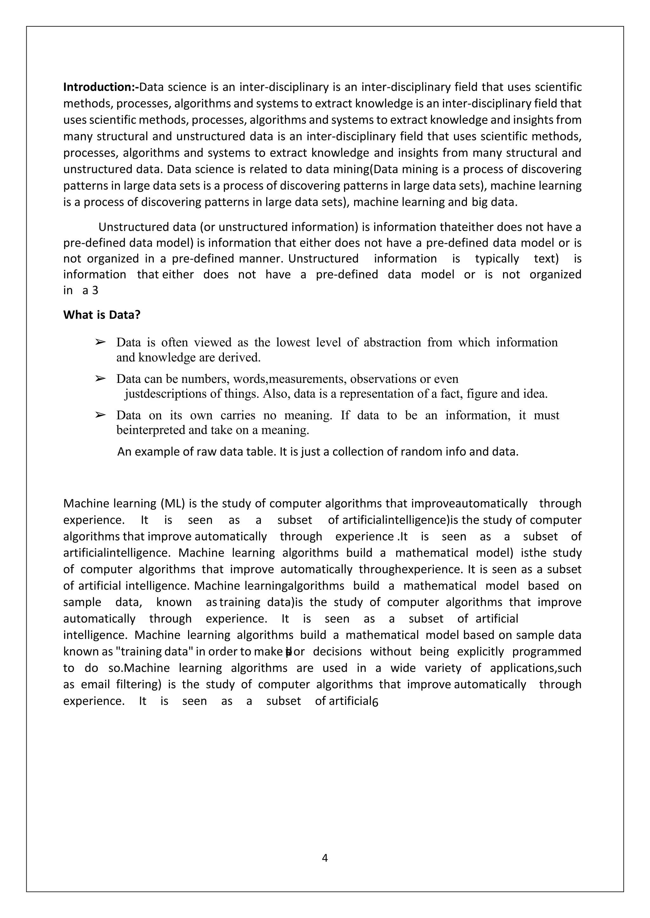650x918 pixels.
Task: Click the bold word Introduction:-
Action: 101,87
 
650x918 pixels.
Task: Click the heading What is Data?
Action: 102,315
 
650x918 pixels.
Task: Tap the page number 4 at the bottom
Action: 325,858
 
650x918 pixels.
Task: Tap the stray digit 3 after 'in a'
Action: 95,291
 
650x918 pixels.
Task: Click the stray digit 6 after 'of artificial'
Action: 375,702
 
